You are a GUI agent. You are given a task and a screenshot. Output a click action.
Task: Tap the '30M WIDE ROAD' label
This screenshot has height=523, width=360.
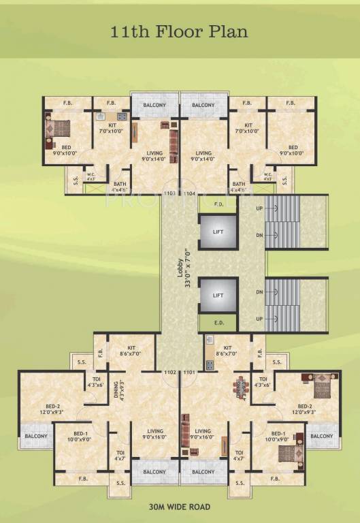(x=180, y=507)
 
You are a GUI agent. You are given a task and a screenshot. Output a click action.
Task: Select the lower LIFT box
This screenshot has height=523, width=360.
(x=218, y=296)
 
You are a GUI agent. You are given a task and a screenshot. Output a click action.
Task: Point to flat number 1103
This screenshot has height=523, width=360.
(x=170, y=194)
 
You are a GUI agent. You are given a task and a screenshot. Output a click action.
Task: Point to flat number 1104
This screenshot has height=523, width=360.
(x=189, y=194)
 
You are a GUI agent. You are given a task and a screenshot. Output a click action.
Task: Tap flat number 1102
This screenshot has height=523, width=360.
(x=170, y=372)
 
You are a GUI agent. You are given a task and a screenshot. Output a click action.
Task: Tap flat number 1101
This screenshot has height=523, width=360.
(x=189, y=372)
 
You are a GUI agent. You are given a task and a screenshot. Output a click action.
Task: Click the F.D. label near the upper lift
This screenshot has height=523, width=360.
(x=219, y=204)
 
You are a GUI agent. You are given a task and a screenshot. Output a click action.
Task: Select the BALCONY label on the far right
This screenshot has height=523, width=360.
(x=323, y=436)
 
